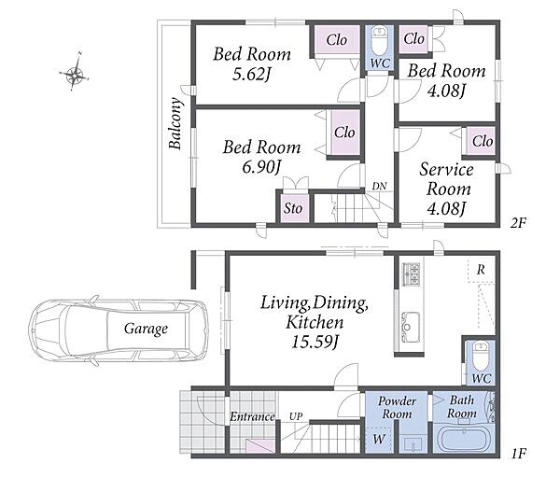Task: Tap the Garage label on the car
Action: pos(146,329)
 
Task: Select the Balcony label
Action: pos(176,123)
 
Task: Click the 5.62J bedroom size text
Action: pos(251,75)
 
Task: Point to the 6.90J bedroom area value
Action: pos(261,167)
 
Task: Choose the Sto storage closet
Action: pos(293,208)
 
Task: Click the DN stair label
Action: pos(379,186)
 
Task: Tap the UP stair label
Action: pos(296,416)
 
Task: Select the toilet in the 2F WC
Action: pos(379,39)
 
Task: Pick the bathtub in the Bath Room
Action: pos(463,440)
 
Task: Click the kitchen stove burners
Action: pos(411,274)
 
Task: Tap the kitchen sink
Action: pos(411,327)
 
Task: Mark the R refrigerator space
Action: pos(481,270)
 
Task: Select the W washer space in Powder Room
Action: pos(379,440)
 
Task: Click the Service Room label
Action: pos(447,179)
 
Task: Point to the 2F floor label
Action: pos(518,223)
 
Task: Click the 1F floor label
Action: pos(519,454)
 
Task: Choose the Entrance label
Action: pos(252,416)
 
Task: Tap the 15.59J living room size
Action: pos(315,342)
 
